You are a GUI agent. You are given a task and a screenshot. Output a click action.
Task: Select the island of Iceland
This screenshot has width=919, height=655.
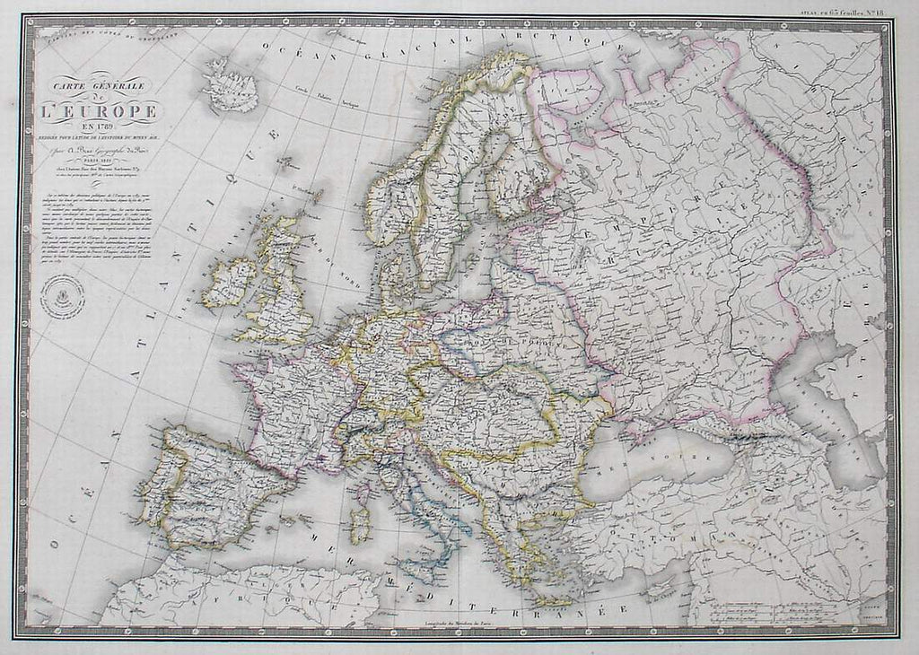[x=231, y=84]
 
